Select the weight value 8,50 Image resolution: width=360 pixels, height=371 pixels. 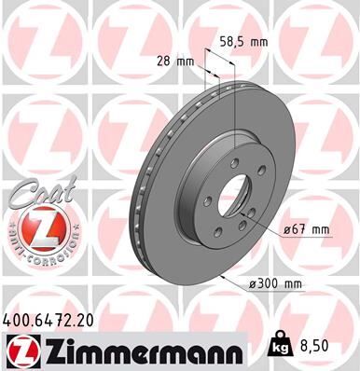pyautogui.click(x=319, y=344)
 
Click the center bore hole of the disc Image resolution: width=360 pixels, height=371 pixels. pyautogui.click(x=217, y=199)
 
